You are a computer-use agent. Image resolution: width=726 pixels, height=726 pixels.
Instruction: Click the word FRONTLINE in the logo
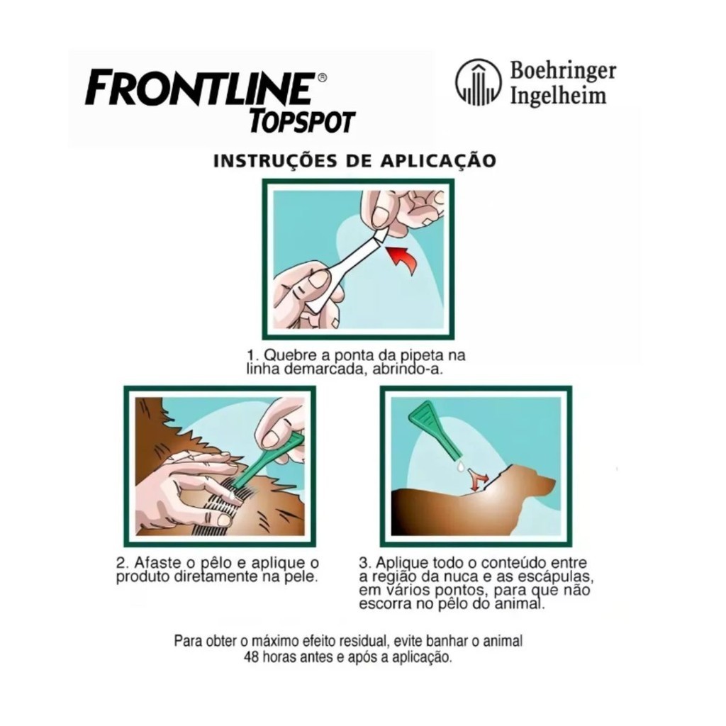[x=199, y=87]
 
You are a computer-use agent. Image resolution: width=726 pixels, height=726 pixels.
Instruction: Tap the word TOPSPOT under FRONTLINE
[x=302, y=121]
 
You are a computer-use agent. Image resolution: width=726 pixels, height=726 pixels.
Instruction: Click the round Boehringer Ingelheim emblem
[x=479, y=82]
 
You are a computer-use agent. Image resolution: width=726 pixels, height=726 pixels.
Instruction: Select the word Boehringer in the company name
[x=563, y=72]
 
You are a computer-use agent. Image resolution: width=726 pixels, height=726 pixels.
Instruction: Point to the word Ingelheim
[x=558, y=96]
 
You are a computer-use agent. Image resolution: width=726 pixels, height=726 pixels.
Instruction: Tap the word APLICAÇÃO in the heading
[x=438, y=160]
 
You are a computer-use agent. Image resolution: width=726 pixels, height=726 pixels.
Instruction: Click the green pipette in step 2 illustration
[x=269, y=462]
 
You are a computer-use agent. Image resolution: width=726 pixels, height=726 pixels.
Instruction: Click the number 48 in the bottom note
[x=251, y=657]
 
